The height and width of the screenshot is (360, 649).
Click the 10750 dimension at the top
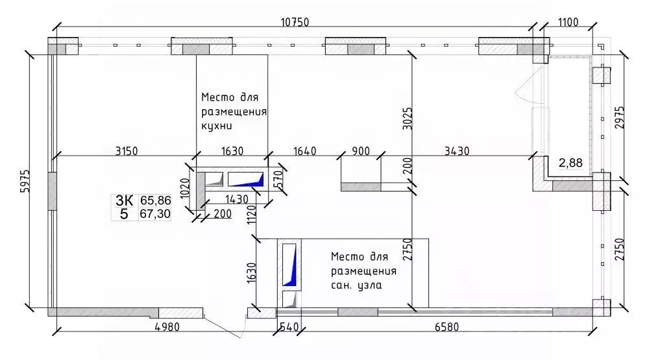[294, 22]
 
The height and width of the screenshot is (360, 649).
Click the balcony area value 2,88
[570, 163]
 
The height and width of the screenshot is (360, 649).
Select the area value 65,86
[154, 201]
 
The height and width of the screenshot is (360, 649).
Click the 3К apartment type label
[125, 201]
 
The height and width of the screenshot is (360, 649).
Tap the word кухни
[217, 125]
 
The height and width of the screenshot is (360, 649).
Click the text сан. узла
[356, 284]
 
